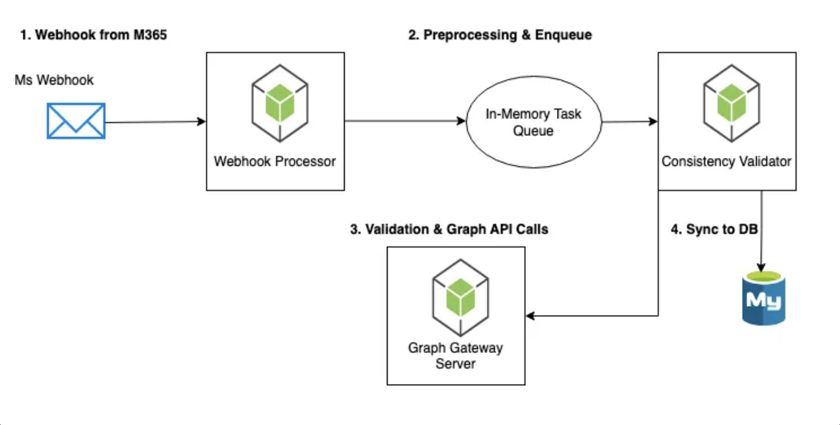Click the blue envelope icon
tap(76, 121)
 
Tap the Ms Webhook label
tap(54, 80)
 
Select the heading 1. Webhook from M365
tap(93, 35)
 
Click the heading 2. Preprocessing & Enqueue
tap(500, 35)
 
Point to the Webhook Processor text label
tap(275, 161)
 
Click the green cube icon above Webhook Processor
tap(280, 103)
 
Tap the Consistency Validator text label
tap(726, 161)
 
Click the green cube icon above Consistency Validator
tap(732, 103)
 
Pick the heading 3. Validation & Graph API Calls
tap(449, 229)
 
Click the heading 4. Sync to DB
tap(714, 229)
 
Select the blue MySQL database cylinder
tap(763, 298)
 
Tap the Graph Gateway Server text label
tap(456, 355)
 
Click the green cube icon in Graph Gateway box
tap(460, 298)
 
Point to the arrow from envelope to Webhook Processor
tap(155, 122)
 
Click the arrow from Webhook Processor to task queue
tap(405, 121)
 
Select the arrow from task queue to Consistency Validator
tap(630, 122)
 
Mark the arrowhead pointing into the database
tap(761, 267)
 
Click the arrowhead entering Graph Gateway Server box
tap(530, 316)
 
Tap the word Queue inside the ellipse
tap(533, 131)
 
